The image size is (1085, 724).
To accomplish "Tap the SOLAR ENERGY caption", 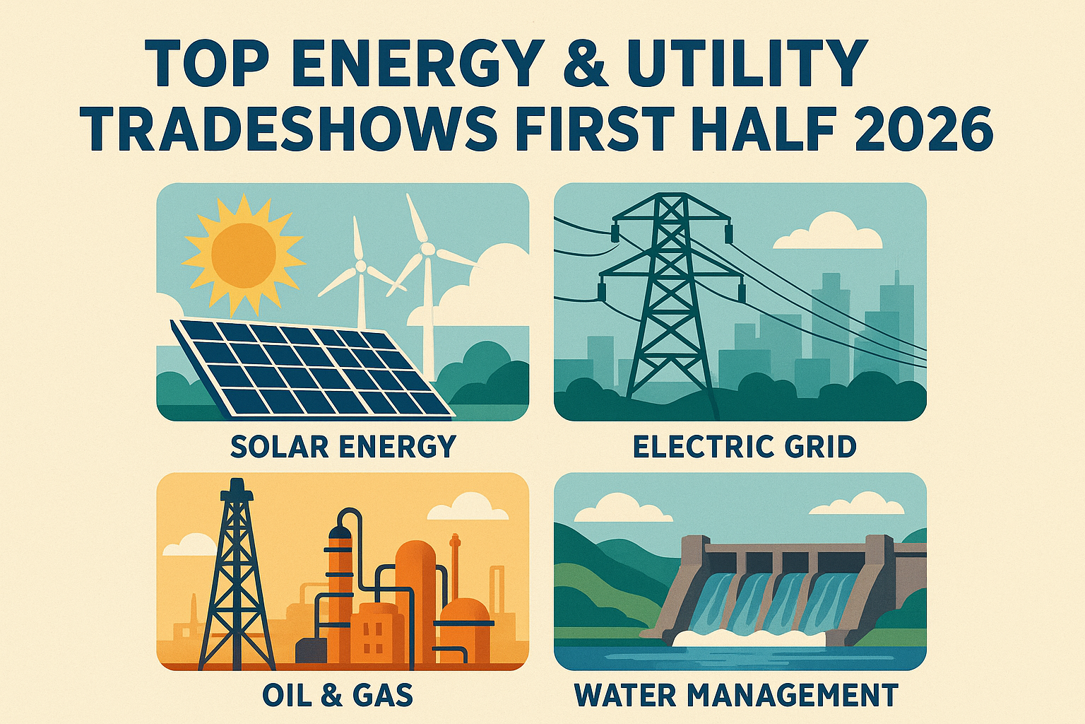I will coord(343,447).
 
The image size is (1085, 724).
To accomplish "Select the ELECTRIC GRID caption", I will coord(744,447).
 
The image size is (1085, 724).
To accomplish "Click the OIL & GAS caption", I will coord(338,695).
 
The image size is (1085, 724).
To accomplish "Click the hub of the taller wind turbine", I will coord(427,249).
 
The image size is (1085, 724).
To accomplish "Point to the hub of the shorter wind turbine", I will coord(360,267).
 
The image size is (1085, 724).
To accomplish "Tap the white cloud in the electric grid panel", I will coord(828,233).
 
